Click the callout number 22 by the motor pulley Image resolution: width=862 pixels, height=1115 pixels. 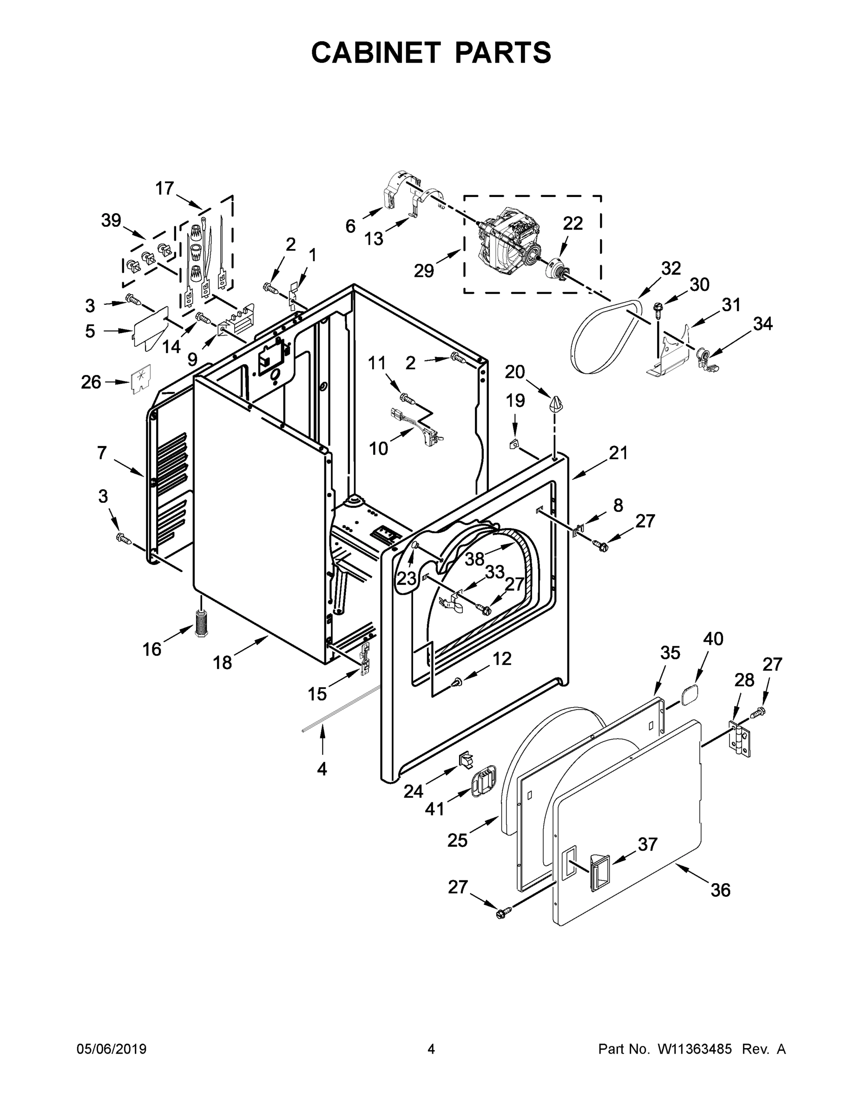point(572,223)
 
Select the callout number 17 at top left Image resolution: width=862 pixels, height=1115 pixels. point(165,189)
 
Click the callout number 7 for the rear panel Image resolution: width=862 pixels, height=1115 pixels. point(102,453)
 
